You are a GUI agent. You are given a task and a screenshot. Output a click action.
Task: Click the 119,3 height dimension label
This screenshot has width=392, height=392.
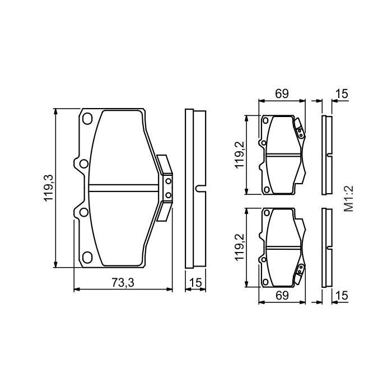click(x=49, y=188)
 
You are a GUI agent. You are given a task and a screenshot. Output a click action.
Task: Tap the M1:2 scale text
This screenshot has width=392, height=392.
click(x=349, y=199)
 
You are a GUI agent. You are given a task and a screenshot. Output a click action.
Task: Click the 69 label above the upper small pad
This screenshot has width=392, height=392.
click(x=281, y=94)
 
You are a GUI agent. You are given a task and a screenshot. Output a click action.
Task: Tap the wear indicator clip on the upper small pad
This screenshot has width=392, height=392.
click(x=300, y=130)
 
